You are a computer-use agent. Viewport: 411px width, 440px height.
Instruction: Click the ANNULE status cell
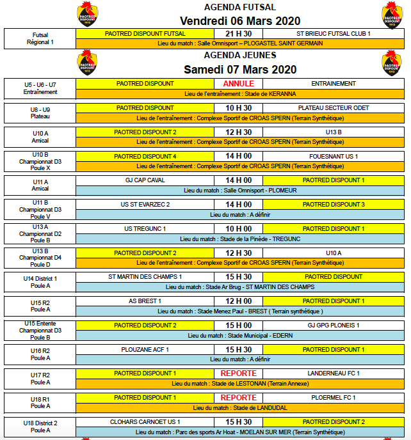pos(238,84)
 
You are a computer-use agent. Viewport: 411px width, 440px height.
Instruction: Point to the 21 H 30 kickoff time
pos(238,34)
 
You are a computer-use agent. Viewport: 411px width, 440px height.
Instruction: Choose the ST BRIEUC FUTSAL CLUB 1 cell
pos(334,34)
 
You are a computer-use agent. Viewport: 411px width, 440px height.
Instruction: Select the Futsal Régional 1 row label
pos(40,39)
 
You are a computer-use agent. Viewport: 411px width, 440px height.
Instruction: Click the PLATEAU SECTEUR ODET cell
pos(334,108)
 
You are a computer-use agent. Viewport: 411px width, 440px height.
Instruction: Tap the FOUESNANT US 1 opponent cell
pos(334,157)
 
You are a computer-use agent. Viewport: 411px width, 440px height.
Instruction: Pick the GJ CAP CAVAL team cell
pos(145,180)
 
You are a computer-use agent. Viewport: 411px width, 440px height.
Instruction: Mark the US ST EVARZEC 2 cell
pos(145,205)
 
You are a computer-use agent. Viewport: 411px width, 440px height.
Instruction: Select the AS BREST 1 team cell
pos(145,301)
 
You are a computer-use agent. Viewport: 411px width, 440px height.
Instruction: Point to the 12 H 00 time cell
pos(238,301)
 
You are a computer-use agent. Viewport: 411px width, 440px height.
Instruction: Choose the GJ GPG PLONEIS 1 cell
pos(334,326)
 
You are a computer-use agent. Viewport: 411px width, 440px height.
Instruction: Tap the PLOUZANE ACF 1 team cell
pos(145,350)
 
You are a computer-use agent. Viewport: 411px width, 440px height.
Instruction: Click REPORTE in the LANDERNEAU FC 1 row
pos(238,373)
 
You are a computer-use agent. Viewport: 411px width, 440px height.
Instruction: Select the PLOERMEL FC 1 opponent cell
pos(334,398)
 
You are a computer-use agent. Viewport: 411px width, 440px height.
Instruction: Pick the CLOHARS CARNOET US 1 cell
pos(145,422)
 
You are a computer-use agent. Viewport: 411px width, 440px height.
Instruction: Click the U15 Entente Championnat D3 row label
pos(40,331)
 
